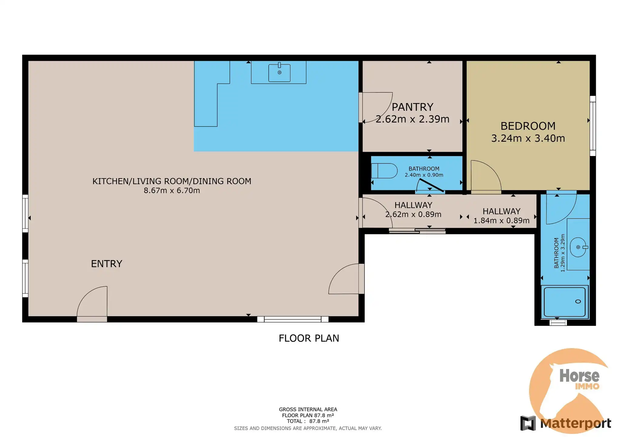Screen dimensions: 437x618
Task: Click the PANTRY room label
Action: click(x=412, y=107)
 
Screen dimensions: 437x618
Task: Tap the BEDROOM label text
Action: click(x=528, y=126)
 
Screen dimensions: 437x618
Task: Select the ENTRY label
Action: click(x=107, y=264)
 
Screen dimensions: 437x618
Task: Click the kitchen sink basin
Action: click(x=279, y=73)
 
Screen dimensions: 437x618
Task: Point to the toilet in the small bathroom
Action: click(x=385, y=171)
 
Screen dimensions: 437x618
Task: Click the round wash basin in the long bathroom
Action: click(x=578, y=247)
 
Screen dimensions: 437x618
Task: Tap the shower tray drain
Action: click(x=578, y=301)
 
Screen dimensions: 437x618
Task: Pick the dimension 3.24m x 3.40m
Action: click(x=528, y=138)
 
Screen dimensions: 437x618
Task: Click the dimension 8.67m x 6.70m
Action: click(x=172, y=191)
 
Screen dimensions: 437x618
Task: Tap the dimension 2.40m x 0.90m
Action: click(x=424, y=175)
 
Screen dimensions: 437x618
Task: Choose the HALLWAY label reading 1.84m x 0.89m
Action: click(x=501, y=211)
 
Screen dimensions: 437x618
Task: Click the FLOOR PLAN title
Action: click(x=309, y=338)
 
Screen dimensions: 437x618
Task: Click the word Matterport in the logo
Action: click(x=576, y=423)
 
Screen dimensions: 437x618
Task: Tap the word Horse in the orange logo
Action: click(x=579, y=376)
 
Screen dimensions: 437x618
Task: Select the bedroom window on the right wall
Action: click(x=593, y=126)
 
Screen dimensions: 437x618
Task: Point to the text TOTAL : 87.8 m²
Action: click(x=308, y=421)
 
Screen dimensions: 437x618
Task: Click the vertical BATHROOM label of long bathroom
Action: click(x=556, y=253)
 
